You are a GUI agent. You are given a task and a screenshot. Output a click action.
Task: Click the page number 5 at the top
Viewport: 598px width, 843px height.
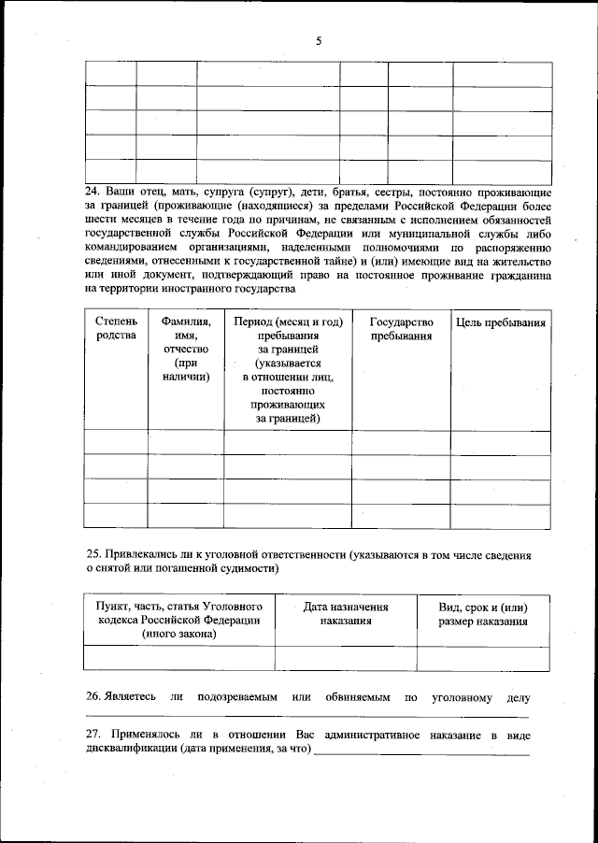coord(319,41)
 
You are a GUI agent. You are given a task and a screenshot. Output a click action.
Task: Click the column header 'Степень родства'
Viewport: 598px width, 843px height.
coord(116,329)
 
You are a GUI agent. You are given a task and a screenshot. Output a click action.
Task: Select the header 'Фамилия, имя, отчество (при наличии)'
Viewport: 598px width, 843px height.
coord(185,349)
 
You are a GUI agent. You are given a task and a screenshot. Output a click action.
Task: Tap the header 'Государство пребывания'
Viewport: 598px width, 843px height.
coord(401,329)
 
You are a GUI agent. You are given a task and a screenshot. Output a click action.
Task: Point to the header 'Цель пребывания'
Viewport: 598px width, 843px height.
coord(501,322)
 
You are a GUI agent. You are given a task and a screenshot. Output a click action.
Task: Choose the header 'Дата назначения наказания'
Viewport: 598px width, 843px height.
coord(346,613)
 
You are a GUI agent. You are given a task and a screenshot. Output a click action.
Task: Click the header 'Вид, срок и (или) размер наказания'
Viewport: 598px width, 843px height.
coord(483,613)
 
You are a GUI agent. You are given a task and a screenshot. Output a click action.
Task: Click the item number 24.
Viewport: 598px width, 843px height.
coord(93,192)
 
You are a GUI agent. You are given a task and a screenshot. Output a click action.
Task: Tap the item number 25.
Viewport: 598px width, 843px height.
coord(93,554)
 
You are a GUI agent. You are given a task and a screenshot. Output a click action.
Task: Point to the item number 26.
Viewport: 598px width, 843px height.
coord(93,697)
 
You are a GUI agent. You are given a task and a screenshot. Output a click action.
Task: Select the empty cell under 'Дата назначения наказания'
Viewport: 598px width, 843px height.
coord(346,658)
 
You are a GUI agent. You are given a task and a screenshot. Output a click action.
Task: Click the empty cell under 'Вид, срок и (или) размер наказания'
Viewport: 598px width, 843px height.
coord(483,658)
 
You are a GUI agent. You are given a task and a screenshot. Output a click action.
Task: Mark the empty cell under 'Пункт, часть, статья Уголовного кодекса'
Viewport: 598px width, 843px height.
coord(179,658)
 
